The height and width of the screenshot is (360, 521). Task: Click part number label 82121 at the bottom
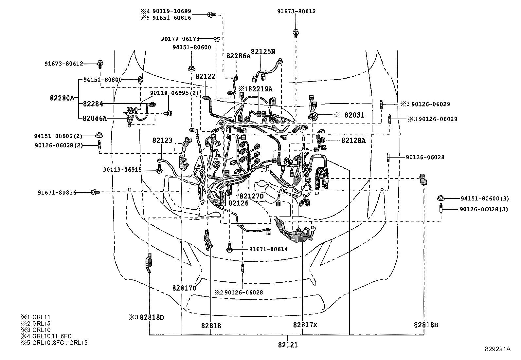pyautogui.click(x=288, y=345)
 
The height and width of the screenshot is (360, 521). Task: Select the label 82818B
pyautogui.click(x=426, y=325)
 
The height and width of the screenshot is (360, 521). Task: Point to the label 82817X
pyautogui.click(x=305, y=325)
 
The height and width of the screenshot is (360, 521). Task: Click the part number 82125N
pyautogui.click(x=263, y=51)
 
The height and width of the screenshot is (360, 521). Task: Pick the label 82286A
pyautogui.click(x=238, y=56)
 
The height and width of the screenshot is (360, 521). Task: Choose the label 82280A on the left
pyautogui.click(x=62, y=98)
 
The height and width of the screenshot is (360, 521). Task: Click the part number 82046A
pyautogui.click(x=95, y=118)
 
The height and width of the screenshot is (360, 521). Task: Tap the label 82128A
pyautogui.click(x=353, y=140)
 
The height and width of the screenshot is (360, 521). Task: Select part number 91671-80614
pyautogui.click(x=268, y=249)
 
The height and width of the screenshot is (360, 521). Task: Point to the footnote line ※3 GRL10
pyautogui.click(x=36, y=330)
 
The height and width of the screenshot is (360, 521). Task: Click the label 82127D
pyautogui.click(x=251, y=196)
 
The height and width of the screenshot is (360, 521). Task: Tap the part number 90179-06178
pyautogui.click(x=180, y=39)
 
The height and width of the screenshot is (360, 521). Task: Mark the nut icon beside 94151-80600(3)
pyautogui.click(x=441, y=198)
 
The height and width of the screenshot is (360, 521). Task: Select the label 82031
pyautogui.click(x=354, y=115)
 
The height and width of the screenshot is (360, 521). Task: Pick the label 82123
pyautogui.click(x=162, y=140)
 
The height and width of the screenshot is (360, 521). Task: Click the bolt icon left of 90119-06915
pyautogui.click(x=159, y=170)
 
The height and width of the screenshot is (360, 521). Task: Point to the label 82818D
pyautogui.click(x=152, y=317)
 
